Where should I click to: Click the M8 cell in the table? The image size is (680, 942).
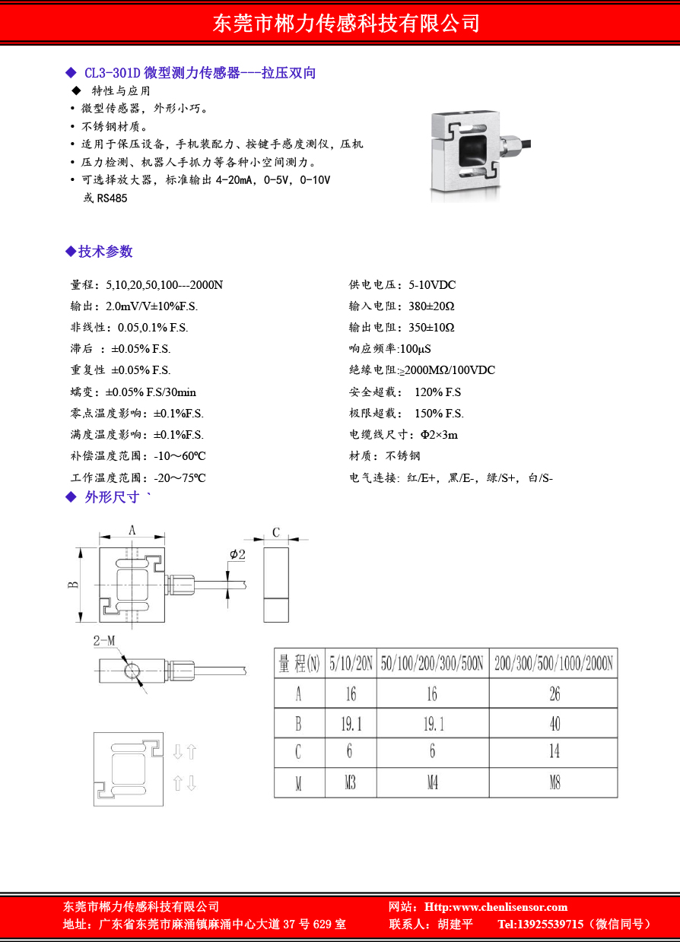pyautogui.click(x=554, y=782)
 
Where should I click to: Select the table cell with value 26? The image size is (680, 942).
pyautogui.click(x=554, y=693)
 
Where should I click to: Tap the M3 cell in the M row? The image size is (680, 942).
pyautogui.click(x=350, y=782)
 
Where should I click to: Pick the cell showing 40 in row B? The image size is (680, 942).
pyautogui.click(x=554, y=724)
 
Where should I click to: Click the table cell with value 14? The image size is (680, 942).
pyautogui.click(x=554, y=752)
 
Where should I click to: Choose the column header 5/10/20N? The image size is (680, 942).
pyautogui.click(x=351, y=664)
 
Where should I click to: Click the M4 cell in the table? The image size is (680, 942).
pyautogui.click(x=432, y=782)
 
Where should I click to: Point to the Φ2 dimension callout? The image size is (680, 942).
pyautogui.click(x=237, y=555)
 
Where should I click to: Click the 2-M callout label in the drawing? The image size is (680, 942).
pyautogui.click(x=104, y=641)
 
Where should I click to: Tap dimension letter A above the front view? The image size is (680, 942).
pyautogui.click(x=132, y=531)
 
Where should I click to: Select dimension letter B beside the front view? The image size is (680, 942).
pyautogui.click(x=73, y=585)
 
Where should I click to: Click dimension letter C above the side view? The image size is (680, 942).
pyautogui.click(x=276, y=532)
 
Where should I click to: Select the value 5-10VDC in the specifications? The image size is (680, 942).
pyautogui.click(x=432, y=285)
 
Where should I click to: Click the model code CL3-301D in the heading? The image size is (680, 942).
pyautogui.click(x=112, y=73)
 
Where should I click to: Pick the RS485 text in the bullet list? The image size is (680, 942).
pyautogui.click(x=112, y=198)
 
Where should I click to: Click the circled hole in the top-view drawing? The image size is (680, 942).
pyautogui.click(x=133, y=670)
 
